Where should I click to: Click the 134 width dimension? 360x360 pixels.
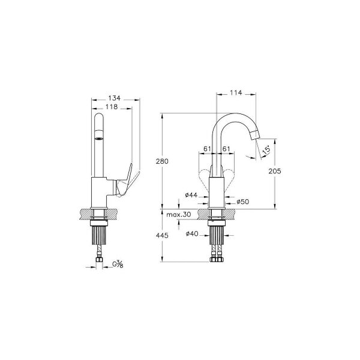point(115,98)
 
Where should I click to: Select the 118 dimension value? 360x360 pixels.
point(112,107)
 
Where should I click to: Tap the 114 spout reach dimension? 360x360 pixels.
point(236,92)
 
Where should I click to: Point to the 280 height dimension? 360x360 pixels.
point(162,161)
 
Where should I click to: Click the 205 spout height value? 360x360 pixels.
point(275,171)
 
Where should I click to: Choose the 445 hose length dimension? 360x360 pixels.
point(162,235)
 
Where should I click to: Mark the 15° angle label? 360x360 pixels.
point(266,151)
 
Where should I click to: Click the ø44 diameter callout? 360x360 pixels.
point(191,195)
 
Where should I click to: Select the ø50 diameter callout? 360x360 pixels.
point(242,202)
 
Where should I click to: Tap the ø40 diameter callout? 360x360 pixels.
point(192,234)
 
